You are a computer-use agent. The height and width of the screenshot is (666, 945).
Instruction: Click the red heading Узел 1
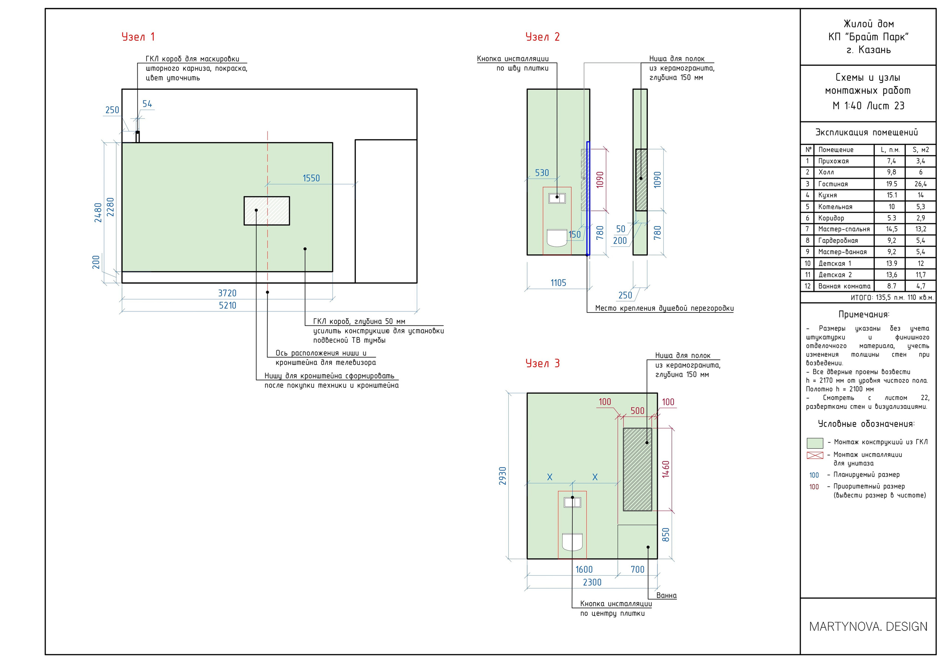tap(138, 37)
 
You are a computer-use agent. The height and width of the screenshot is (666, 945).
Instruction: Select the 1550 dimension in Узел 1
tap(311, 178)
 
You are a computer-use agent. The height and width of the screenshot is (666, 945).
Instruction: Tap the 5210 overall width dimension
tap(228, 305)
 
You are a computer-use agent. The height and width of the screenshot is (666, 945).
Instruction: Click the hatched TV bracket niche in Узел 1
tap(267, 211)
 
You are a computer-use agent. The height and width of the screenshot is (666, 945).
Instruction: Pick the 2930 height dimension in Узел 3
tap(502, 476)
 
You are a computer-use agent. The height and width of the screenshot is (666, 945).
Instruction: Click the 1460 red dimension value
tap(666, 469)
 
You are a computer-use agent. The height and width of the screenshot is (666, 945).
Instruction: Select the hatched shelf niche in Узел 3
tap(638, 469)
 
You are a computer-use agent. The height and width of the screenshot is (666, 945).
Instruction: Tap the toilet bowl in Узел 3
tap(572, 542)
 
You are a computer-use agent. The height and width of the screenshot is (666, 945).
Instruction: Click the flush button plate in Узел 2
tap(557, 198)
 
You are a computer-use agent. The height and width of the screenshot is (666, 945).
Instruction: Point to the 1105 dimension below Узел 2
tap(558, 283)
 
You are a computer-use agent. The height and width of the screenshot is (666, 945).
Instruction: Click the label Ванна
tap(666, 595)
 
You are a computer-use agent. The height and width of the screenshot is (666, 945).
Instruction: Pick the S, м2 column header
tap(921, 150)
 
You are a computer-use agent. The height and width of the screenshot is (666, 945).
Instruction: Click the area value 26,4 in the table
tap(921, 184)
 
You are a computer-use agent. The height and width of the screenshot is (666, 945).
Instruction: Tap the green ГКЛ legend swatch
tap(815, 443)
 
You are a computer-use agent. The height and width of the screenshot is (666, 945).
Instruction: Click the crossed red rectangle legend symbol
tap(815, 455)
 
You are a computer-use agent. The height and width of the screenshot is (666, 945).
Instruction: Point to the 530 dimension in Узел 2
tap(542, 173)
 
